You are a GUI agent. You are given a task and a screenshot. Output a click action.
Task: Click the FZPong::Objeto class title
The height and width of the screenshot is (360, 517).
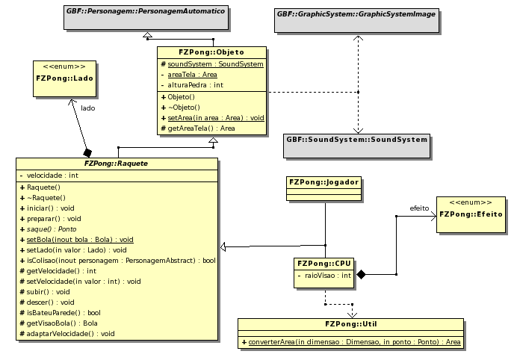point(211,52)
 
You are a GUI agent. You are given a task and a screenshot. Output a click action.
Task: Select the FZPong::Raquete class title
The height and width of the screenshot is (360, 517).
point(117,164)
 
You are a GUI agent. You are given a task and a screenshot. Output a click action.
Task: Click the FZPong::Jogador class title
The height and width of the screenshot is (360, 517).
point(324,181)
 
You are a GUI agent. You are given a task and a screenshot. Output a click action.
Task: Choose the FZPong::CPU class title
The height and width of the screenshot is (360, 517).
point(324,264)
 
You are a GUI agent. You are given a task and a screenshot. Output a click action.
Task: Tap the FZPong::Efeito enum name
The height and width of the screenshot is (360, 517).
point(471,214)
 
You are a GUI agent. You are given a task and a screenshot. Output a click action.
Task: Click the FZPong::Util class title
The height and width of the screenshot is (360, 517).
point(350,324)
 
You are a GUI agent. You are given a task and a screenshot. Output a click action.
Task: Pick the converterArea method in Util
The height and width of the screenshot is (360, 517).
point(351,341)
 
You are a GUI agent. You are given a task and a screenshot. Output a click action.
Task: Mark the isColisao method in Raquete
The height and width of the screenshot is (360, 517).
point(120,260)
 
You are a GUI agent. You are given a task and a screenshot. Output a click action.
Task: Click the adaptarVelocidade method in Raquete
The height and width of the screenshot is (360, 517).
point(70,333)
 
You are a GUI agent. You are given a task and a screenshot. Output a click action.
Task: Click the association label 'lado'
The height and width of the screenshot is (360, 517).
point(87,108)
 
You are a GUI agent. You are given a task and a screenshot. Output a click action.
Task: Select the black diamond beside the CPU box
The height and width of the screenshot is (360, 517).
point(360,275)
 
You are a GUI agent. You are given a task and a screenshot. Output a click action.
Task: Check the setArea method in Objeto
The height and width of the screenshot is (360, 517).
point(215,117)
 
